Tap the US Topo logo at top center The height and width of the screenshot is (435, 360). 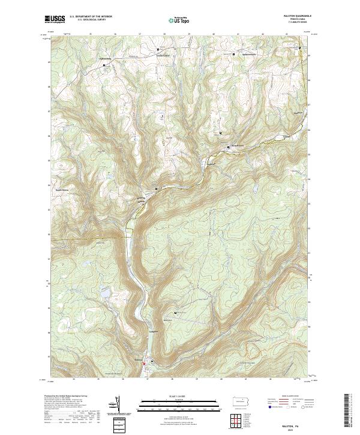[x=175, y=20]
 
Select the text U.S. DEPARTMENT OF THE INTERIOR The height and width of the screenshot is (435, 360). [x=91, y=16]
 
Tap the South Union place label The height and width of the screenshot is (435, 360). [x=62, y=190]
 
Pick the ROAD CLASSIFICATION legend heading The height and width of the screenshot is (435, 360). [x=287, y=395]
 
